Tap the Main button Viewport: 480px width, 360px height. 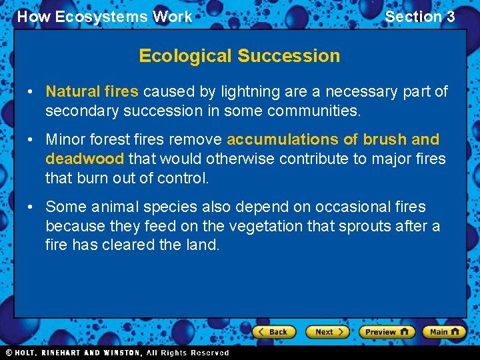click(444, 331)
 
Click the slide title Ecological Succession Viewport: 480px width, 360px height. click(239, 56)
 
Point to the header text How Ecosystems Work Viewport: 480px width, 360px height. click(105, 17)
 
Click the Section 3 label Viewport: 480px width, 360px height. click(420, 17)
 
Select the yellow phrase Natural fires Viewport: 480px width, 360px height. click(92, 91)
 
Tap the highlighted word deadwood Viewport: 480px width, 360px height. click(85, 159)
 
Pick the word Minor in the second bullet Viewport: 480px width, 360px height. click(65, 140)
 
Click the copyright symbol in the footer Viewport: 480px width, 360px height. click(9, 353)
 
